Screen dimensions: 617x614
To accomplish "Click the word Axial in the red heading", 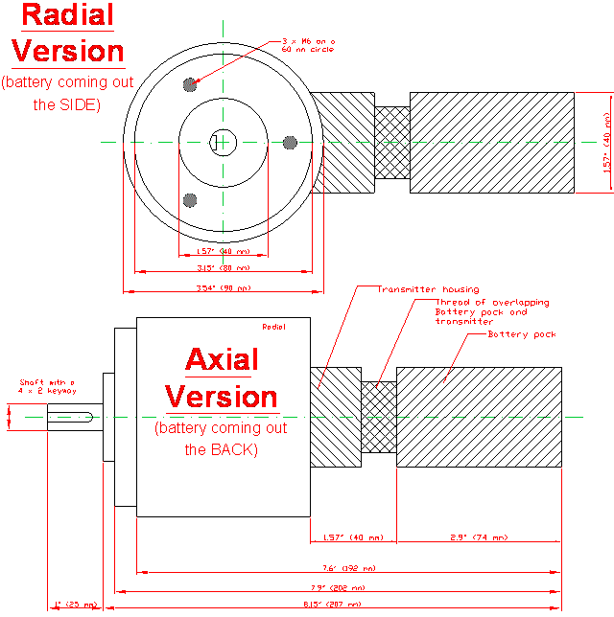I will (222, 360).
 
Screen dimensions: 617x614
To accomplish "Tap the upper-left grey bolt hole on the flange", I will (190, 84).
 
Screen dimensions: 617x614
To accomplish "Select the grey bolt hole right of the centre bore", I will (290, 142).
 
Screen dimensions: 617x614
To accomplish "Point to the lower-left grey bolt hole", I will (190, 199).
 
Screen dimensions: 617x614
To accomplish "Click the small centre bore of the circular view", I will (222, 142).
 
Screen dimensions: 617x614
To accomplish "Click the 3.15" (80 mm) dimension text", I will (223, 268).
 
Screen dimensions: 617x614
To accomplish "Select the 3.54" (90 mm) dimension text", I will (223, 287).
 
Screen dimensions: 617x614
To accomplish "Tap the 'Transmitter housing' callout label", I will (428, 288).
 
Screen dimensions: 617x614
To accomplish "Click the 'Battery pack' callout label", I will (522, 334).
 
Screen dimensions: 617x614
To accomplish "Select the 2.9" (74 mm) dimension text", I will (479, 537).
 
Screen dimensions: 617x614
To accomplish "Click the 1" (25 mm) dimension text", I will (76, 605).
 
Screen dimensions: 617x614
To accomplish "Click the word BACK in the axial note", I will (234, 448).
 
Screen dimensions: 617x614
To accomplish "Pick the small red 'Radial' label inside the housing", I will (274, 327).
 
